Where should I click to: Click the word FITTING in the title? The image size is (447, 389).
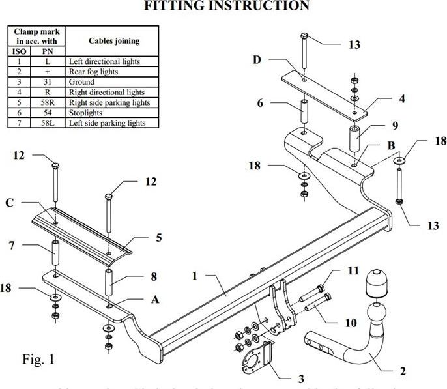click(x=175, y=7)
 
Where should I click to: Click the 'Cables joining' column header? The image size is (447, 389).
click(x=113, y=40)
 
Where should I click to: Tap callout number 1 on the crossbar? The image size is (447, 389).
click(x=194, y=276)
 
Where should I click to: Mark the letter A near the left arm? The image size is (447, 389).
click(x=154, y=299)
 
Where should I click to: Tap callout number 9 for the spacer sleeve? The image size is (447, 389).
click(x=395, y=126)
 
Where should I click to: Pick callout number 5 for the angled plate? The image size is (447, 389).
click(x=159, y=238)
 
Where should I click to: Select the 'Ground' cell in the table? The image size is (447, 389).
click(x=81, y=82)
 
